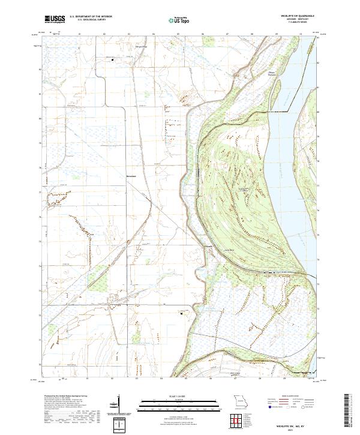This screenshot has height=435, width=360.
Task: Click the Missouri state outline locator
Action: (241, 400)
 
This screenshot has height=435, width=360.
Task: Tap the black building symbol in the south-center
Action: (181, 312)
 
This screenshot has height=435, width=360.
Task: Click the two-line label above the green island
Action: (254, 73)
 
